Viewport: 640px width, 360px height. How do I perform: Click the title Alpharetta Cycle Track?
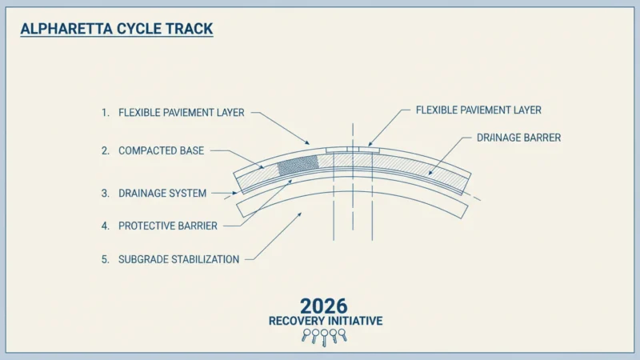pyautogui.click(x=117, y=29)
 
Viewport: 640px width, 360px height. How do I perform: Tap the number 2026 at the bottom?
pyautogui.click(x=324, y=306)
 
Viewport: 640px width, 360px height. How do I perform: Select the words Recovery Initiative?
pyautogui.click(x=326, y=322)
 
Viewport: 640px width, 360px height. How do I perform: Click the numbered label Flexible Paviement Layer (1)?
pyautogui.click(x=182, y=113)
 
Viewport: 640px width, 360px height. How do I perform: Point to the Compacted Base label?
pyautogui.click(x=162, y=150)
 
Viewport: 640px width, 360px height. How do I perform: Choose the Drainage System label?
pyautogui.click(x=162, y=193)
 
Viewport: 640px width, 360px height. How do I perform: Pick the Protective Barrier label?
pyautogui.click(x=168, y=226)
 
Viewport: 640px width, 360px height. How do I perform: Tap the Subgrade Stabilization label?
pyautogui.click(x=178, y=259)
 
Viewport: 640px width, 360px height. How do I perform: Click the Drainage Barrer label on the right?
pyautogui.click(x=518, y=138)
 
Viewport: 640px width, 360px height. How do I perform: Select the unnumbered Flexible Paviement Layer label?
pyautogui.click(x=478, y=110)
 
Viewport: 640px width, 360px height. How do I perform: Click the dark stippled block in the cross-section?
pyautogui.click(x=298, y=165)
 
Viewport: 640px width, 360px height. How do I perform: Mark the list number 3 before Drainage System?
pyautogui.click(x=106, y=193)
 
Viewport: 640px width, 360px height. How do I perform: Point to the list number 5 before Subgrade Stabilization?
pyautogui.click(x=106, y=259)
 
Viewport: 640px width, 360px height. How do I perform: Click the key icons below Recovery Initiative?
pyautogui.click(x=325, y=337)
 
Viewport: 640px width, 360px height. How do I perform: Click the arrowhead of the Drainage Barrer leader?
pyautogui.click(x=430, y=173)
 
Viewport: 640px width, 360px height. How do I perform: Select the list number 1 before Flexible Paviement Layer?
pyautogui.click(x=106, y=113)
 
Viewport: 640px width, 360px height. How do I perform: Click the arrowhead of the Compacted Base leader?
pyautogui.click(x=262, y=166)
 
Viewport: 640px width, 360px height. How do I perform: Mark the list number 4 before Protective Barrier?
pyautogui.click(x=106, y=226)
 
